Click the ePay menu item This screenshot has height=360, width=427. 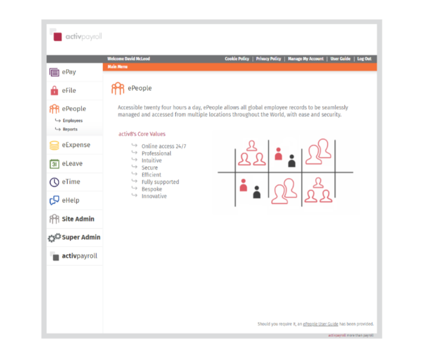coord(69,72)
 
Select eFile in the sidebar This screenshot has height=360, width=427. coord(69,90)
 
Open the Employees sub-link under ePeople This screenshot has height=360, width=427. coord(73,121)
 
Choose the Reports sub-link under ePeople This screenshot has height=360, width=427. coord(70,129)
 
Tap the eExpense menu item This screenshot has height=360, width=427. coord(75,145)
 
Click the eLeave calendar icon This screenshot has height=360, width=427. coord(54,164)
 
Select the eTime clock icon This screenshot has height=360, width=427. coord(54,182)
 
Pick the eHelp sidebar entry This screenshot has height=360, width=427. coord(70,200)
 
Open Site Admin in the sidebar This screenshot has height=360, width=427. coord(78,219)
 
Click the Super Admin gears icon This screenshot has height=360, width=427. coord(54,238)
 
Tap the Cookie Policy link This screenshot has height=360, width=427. coord(236,59)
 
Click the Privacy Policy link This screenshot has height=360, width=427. coord(268,59)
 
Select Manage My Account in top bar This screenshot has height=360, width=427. coord(306,59)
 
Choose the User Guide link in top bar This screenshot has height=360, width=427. coord(340,59)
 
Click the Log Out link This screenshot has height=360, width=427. coord(364,59)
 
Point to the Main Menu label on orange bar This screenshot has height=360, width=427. coord(117,67)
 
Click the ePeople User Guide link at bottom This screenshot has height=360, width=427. coord(320,324)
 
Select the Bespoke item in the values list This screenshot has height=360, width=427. coord(151,189)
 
